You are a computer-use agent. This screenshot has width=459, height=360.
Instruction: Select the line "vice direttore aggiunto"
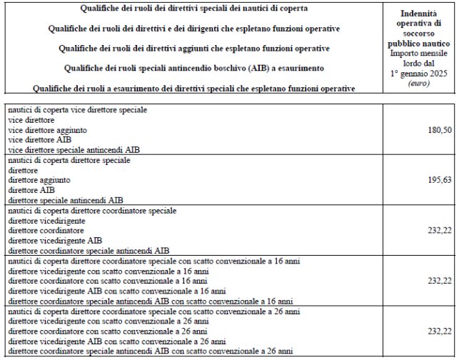click(x=47, y=131)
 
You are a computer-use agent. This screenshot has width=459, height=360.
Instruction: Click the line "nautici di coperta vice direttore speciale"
click(x=77, y=111)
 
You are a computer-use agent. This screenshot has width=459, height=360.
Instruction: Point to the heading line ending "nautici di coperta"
click(x=195, y=9)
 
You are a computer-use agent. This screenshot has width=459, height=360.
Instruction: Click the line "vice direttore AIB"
click(x=40, y=141)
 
